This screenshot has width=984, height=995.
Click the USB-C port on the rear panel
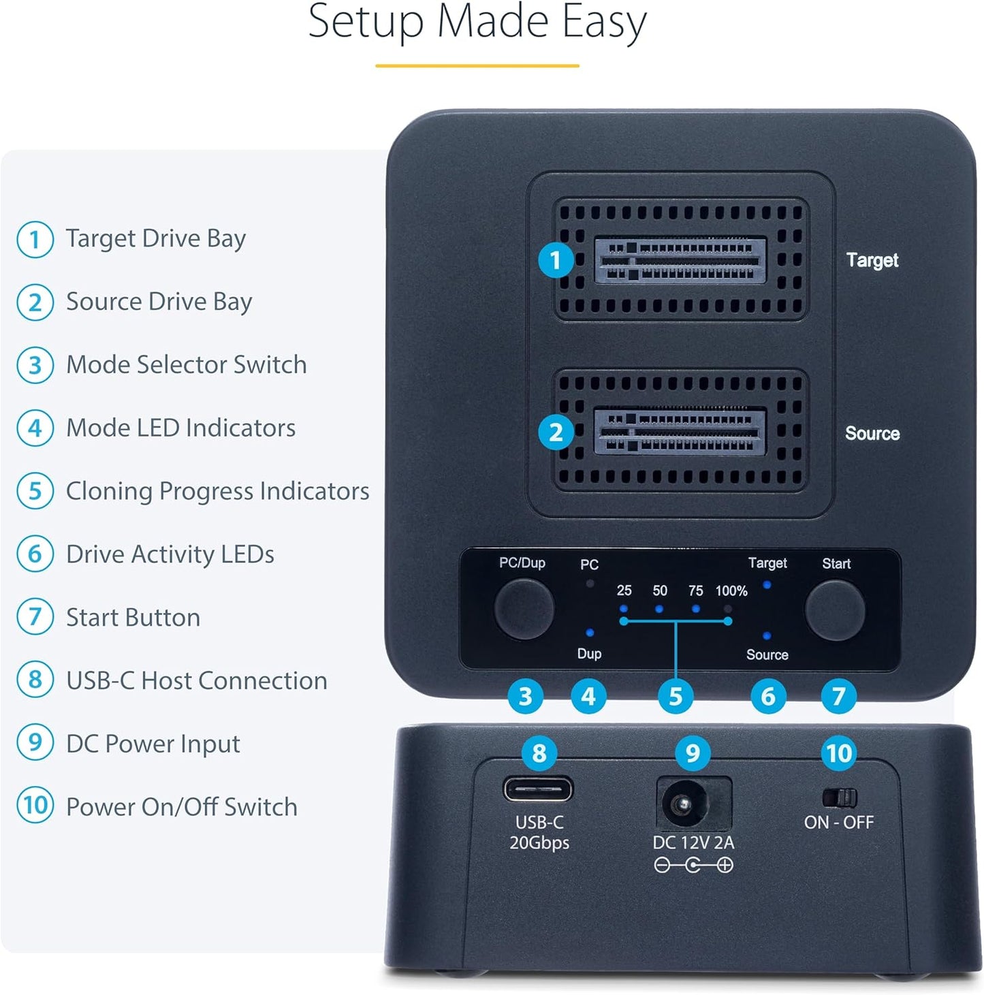point(538,790)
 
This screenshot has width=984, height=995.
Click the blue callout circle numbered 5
point(675,697)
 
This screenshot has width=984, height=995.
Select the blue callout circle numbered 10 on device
point(839,753)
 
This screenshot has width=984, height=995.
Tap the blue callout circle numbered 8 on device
point(539,753)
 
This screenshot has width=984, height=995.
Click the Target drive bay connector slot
point(680,260)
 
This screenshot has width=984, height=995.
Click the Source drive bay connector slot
point(680,432)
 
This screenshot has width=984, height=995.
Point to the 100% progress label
point(731,591)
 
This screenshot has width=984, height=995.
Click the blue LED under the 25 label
point(624,607)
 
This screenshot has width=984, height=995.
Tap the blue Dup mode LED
point(590,633)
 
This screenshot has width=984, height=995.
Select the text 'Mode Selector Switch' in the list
point(186,364)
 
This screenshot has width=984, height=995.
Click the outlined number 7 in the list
point(35,616)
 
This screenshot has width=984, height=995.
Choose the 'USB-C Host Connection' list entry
point(196,680)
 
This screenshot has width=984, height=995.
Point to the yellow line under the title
point(477,66)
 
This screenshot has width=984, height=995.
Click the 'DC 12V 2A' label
point(693,842)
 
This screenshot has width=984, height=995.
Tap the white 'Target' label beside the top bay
point(872,260)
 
